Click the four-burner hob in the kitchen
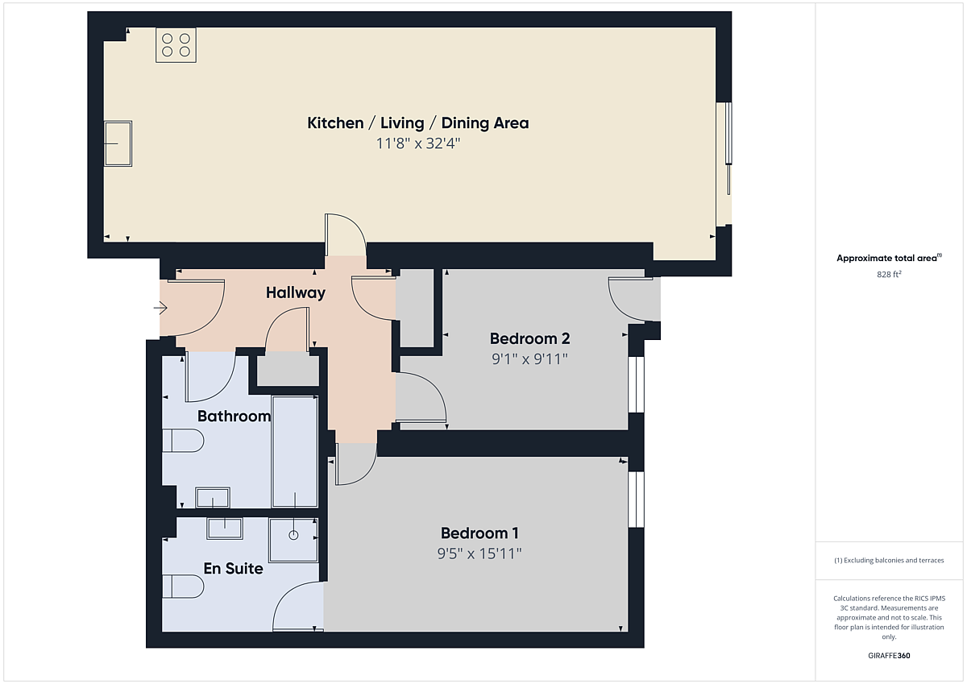pos(176,45)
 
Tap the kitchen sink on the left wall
pos(118,143)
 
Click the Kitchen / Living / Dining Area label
pos(418,123)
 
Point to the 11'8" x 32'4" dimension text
pos(418,143)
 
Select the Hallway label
pos(295,292)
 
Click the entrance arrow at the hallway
pos(160,308)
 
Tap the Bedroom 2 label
pos(529,338)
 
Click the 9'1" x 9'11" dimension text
pos(529,359)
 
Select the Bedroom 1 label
pos(479,533)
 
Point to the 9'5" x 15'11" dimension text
pos(479,553)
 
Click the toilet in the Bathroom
pos(183,440)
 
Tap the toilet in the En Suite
pos(183,586)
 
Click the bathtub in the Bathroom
pos(295,452)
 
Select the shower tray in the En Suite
pos(293,540)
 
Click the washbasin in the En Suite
pos(225,529)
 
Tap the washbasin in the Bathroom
pos(213,498)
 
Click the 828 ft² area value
pos(889,274)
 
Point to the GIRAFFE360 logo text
pos(889,656)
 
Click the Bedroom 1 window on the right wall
pos(636,500)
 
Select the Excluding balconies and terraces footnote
pos(889,560)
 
